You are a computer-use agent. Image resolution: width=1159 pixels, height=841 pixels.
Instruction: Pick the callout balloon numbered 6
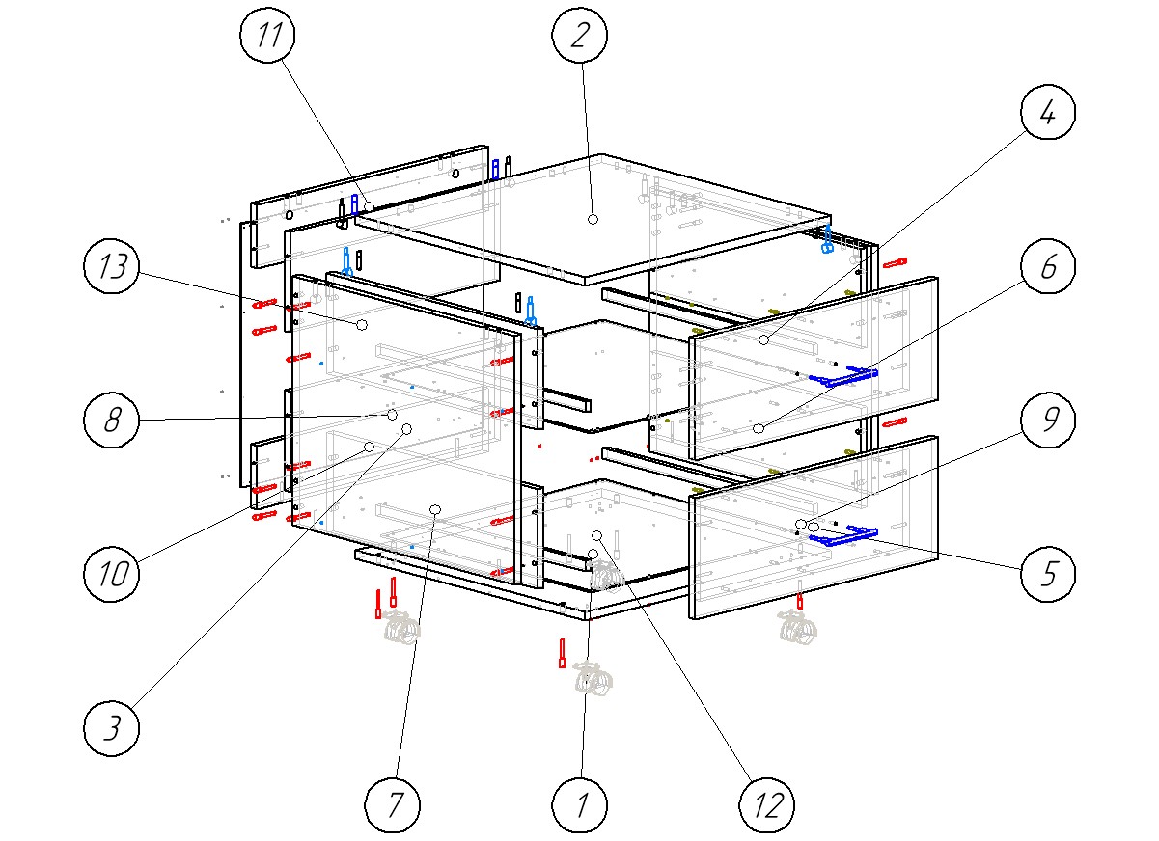coord(1049,269)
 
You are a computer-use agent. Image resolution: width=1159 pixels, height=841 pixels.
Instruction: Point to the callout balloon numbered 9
coord(1049,425)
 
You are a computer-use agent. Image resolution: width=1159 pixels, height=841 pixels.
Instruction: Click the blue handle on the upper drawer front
coord(842,377)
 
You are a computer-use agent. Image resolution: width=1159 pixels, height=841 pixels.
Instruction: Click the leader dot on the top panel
coord(593,220)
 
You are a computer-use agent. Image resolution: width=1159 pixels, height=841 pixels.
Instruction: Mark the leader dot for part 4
coord(762,340)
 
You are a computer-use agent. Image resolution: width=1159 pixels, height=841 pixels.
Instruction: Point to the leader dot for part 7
coord(435,508)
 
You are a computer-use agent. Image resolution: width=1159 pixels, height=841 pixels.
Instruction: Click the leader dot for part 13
coord(362,325)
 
